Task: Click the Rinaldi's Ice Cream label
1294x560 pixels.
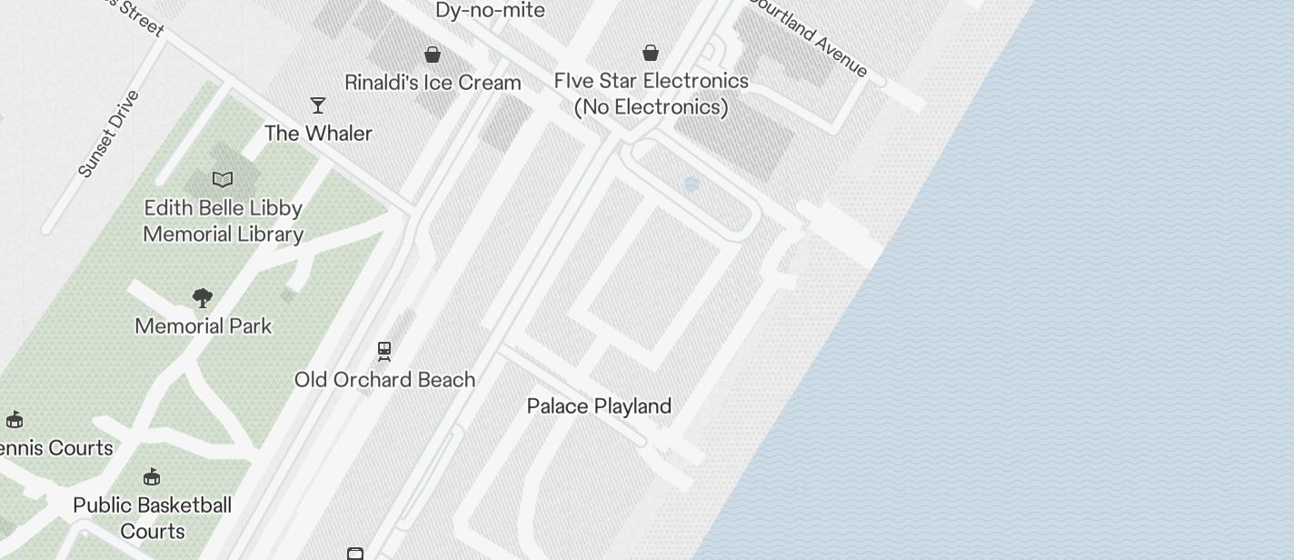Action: point(433,83)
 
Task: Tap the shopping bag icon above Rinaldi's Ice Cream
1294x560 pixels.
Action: point(433,55)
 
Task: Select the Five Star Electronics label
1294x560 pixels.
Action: point(652,94)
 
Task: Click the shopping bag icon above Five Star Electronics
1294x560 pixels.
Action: point(651,54)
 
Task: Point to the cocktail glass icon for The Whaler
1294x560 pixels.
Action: point(318,105)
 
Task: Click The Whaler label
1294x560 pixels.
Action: point(318,134)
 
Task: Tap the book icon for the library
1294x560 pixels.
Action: point(223,180)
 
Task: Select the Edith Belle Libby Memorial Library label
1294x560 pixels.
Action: point(224,221)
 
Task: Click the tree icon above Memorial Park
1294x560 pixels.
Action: point(203,298)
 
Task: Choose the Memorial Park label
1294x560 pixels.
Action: point(203,326)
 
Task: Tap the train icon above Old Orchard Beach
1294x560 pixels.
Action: point(384,351)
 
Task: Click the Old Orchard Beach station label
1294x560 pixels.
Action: point(384,380)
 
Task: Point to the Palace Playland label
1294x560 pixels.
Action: point(599,406)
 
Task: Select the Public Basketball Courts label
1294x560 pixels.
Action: point(153,518)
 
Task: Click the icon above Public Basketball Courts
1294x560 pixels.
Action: point(152,477)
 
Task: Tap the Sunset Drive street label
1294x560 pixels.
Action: point(109,134)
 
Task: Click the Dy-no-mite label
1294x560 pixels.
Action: point(490,11)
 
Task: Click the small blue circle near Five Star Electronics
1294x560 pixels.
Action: point(692,185)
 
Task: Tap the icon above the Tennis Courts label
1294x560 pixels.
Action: point(15,420)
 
